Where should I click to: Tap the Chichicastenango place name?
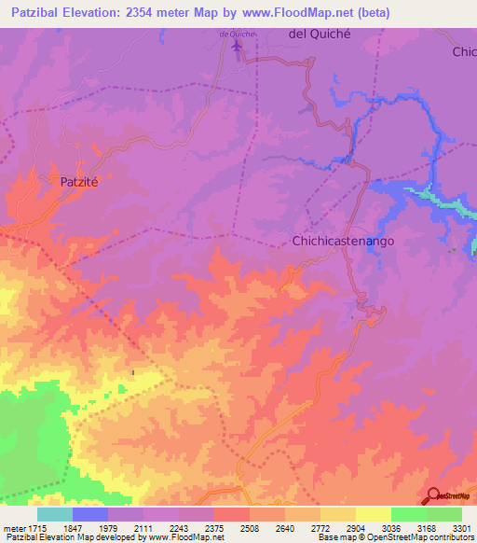(x=344, y=240)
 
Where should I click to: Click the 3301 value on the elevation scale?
(x=461, y=527)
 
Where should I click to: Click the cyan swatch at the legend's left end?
(x=54, y=514)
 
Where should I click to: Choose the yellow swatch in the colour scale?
(x=373, y=514)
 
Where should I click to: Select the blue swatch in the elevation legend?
(x=89, y=514)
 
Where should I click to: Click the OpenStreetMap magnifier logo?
(x=433, y=495)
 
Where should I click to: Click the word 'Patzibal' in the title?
(x=43, y=12)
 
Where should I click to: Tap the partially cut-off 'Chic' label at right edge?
(x=464, y=51)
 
